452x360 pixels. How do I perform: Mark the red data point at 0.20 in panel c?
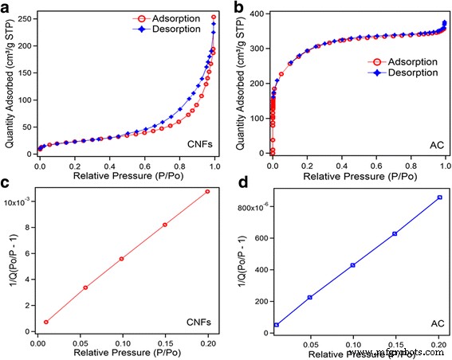207,191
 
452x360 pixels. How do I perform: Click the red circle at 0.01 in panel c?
46,322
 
